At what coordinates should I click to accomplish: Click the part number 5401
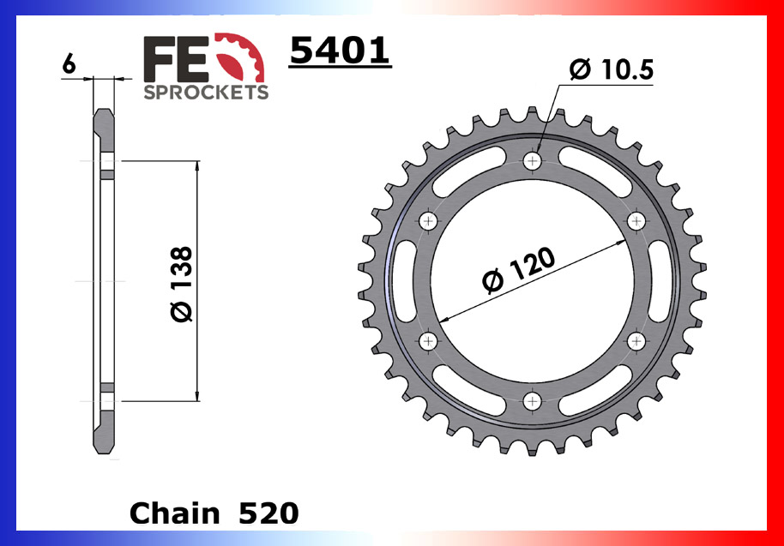(340, 51)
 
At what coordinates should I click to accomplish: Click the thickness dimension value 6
(69, 64)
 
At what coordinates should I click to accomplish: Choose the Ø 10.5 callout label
(612, 70)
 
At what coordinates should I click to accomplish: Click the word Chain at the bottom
(174, 513)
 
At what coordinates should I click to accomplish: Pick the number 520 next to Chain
(268, 513)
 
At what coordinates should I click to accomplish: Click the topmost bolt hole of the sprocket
(533, 161)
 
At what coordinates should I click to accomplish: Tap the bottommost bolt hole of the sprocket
(533, 400)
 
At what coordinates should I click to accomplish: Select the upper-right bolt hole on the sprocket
(636, 221)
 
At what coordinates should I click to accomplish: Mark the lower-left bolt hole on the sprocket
(429, 340)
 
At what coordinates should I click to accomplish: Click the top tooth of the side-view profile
(104, 129)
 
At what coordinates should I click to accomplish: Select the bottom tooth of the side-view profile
(104, 433)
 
